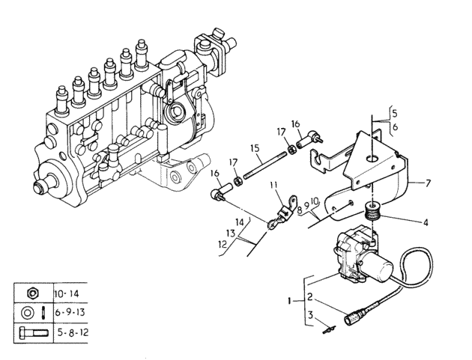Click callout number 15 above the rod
(x=255, y=148)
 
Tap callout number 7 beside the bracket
(x=428, y=183)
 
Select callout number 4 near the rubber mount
(x=426, y=222)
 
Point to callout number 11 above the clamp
(x=273, y=185)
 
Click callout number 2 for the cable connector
(x=310, y=297)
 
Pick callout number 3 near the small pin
(x=311, y=315)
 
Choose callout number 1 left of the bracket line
(x=290, y=301)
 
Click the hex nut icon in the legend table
(x=32, y=293)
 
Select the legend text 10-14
(x=67, y=293)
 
